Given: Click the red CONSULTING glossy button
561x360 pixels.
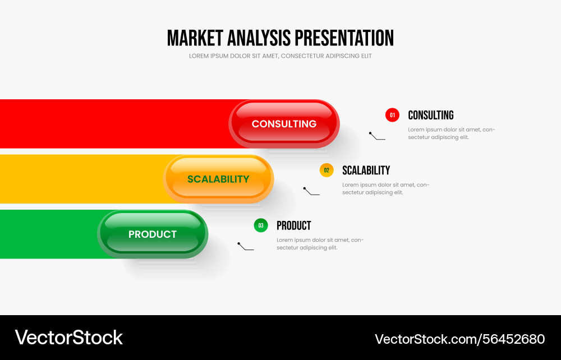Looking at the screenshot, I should pos(284,124).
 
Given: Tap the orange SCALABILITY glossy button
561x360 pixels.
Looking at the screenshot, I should pos(218,179).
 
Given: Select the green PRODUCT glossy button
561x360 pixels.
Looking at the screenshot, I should pos(153,234).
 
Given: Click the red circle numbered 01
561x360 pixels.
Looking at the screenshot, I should pos(392,115).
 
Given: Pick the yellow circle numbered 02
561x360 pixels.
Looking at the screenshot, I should pos(327,170).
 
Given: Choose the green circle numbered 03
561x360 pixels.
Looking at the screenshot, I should pos(261,225).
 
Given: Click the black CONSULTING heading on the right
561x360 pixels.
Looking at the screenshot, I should pos(430,115).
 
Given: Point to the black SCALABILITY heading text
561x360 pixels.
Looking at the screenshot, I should pos(366,170).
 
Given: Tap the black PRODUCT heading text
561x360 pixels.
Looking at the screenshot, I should pos(293,225).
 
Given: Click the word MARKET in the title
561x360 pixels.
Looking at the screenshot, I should pos(195,38).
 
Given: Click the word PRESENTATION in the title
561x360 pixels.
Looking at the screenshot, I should pos(344,38).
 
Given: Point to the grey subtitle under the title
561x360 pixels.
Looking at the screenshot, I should pos(280,56).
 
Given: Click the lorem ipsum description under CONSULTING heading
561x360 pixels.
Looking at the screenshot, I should pos(451,133).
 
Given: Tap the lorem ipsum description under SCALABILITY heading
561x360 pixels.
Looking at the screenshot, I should pos(385,188).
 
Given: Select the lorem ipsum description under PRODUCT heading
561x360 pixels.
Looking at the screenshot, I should pos(320,244).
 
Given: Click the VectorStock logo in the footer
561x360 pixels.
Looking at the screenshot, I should pos(68,338).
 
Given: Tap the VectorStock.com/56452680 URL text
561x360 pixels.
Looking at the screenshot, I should pos(459,339).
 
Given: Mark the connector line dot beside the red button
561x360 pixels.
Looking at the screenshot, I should pos(370,133).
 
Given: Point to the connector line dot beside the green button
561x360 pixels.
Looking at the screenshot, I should pos(239,244).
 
